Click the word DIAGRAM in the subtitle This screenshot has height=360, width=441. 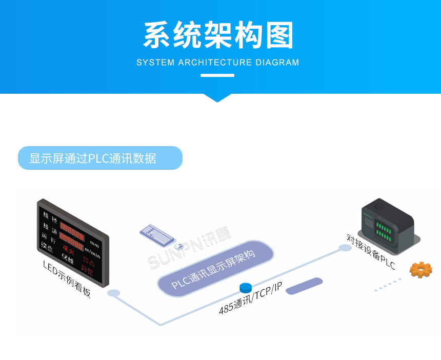click(x=276, y=63)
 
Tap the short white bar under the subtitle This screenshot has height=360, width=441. click(x=217, y=75)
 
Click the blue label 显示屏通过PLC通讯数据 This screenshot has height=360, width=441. click(x=100, y=158)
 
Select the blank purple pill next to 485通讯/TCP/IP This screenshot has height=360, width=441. click(x=304, y=286)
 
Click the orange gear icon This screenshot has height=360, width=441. click(x=420, y=270)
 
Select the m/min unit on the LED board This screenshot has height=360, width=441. click(x=92, y=252)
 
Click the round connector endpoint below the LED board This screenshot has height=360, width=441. click(x=113, y=293)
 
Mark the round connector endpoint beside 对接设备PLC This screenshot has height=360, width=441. click(x=345, y=248)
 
